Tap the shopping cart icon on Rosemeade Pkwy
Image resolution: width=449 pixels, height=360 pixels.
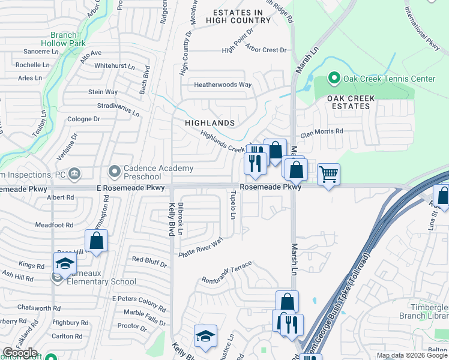pos(328,175)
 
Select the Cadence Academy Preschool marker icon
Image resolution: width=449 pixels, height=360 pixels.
pos(114,173)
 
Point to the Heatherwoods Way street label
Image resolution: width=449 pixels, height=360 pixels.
pos(222,85)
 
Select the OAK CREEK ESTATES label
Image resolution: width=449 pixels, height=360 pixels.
pos(351,102)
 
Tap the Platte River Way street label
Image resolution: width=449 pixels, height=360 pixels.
pos(200,247)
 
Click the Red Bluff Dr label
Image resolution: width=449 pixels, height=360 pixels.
pos(149,260)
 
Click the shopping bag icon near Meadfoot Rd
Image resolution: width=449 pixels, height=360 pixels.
pos(96,241)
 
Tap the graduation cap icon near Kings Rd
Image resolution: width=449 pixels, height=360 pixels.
pos(65,263)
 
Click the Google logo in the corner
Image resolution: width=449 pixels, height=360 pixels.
pos(20,353)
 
